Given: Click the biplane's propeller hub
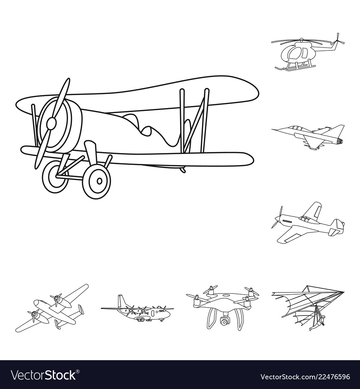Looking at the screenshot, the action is (51, 123).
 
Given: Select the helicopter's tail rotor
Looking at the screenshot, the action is (337, 39).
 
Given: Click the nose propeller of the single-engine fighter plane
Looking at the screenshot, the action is (278, 217).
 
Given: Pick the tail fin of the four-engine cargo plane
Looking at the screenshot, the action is (121, 301).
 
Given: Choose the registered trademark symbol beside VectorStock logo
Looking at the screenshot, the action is (77, 371).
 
